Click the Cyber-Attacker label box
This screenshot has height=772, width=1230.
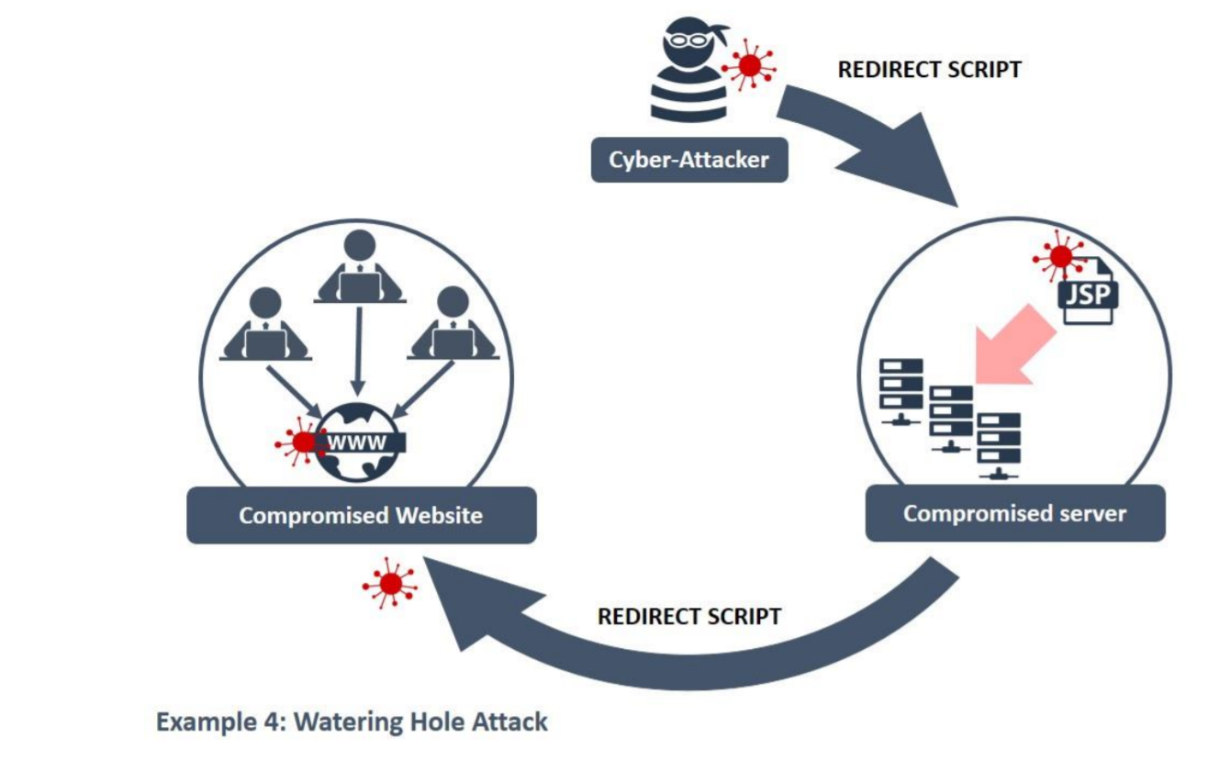tap(688, 160)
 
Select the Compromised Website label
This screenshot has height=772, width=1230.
tap(361, 515)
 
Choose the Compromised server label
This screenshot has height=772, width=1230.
tap(1014, 512)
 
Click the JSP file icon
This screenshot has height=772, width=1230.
tap(1087, 290)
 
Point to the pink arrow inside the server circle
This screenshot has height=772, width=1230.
tap(1012, 344)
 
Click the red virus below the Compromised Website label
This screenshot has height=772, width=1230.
tap(390, 583)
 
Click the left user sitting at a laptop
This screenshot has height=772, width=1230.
tap(265, 326)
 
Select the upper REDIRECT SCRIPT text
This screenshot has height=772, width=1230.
tap(929, 70)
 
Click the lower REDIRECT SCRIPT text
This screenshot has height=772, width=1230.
tap(689, 616)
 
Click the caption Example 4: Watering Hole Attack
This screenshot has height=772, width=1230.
tap(352, 722)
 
